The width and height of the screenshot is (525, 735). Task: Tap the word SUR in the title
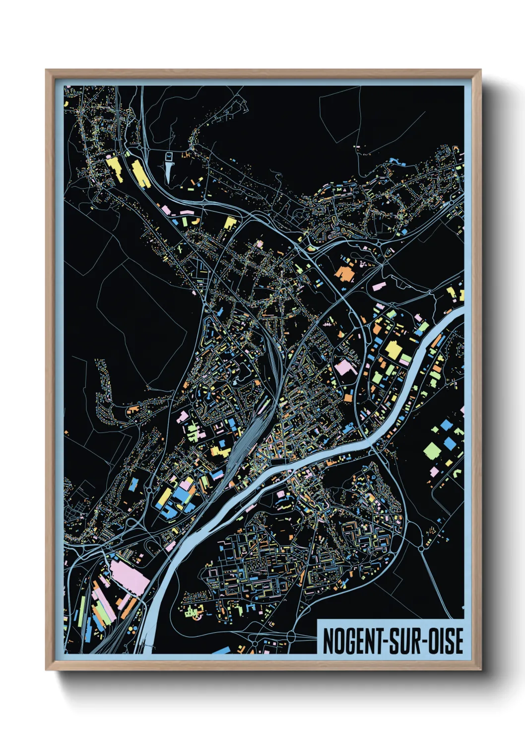pyautogui.click(x=405, y=641)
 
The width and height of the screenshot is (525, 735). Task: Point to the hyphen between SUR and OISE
pyautogui.click(x=425, y=642)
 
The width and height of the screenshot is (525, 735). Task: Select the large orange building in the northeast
pyautogui.click(x=344, y=273)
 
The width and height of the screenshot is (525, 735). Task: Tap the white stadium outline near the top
pyautogui.click(x=169, y=156)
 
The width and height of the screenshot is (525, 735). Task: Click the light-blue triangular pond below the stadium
pyautogui.click(x=170, y=172)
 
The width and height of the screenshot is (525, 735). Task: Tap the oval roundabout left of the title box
pyautogui.click(x=291, y=636)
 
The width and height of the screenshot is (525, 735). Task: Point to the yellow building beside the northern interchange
pyautogui.click(x=229, y=222)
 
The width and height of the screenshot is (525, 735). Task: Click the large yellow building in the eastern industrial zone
pyautogui.click(x=394, y=350)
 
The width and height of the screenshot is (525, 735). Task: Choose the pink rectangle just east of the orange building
pyautogui.click(x=379, y=286)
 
